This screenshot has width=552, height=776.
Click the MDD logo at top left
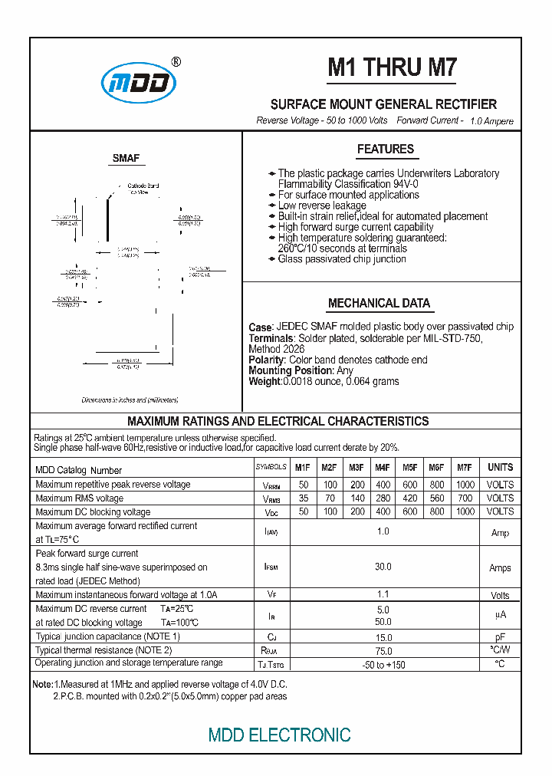pyautogui.click(x=139, y=83)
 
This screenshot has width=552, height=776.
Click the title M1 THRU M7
pyautogui.click(x=392, y=68)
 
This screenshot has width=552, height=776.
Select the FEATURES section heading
pyautogui.click(x=385, y=150)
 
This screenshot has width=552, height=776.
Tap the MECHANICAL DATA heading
pyautogui.click(x=379, y=304)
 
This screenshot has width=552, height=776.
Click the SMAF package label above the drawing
pyautogui.click(x=127, y=159)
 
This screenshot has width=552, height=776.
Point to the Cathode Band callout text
pyautogui.click(x=143, y=186)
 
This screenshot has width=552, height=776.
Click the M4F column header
pyautogui.click(x=383, y=468)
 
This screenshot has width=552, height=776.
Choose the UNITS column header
pyautogui.click(x=501, y=468)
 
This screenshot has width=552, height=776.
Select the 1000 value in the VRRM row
pyautogui.click(x=465, y=485)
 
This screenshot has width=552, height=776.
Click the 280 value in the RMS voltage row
pyautogui.click(x=383, y=498)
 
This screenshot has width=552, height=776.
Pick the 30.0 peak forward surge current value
pyautogui.click(x=383, y=567)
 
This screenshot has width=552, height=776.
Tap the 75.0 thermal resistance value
pyautogui.click(x=383, y=650)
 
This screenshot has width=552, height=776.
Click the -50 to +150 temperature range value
pyautogui.click(x=383, y=664)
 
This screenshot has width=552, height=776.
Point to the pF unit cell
pyautogui.click(x=501, y=637)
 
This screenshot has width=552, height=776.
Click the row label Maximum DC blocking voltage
pyautogui.click(x=93, y=511)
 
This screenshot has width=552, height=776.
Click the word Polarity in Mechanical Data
pyautogui.click(x=267, y=360)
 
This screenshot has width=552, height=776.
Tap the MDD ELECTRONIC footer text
pyautogui.click(x=279, y=735)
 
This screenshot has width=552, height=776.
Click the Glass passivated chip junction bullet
pyautogui.click(x=341, y=259)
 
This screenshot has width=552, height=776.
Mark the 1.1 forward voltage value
pyautogui.click(x=383, y=594)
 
